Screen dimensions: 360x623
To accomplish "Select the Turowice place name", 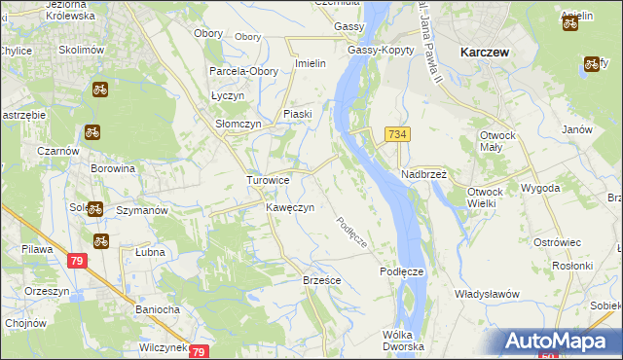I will [268, 181].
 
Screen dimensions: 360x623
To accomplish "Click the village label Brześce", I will [321, 279].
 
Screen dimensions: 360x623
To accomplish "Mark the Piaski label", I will [297, 115].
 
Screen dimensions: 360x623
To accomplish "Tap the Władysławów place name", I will [487, 294].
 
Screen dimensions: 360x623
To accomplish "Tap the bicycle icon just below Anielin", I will [570, 22].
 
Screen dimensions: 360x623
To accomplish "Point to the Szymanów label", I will [142, 210].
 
